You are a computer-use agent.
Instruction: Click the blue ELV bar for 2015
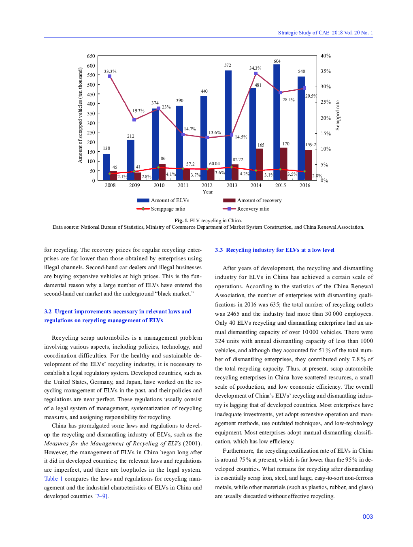(x=277, y=121)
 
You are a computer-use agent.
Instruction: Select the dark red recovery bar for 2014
(x=260, y=164)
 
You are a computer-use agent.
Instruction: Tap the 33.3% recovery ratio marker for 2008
(x=110, y=76)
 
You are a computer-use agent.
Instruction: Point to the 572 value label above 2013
(x=228, y=65)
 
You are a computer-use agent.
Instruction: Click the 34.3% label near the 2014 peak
(x=255, y=68)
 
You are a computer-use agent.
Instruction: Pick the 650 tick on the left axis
(x=91, y=56)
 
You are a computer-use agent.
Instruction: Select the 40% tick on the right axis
(x=326, y=56)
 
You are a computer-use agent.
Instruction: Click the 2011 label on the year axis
(x=183, y=185)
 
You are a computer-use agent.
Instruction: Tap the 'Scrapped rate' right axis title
(x=338, y=115)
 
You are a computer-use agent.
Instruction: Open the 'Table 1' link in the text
(x=53, y=479)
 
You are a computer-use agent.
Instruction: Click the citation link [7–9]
(x=101, y=496)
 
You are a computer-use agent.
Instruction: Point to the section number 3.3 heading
(x=219, y=250)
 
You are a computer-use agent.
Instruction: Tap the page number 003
(x=368, y=517)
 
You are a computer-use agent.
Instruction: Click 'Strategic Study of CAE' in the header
(x=303, y=33)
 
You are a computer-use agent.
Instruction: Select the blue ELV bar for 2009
(x=130, y=160)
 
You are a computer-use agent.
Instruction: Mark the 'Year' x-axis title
(x=208, y=192)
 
